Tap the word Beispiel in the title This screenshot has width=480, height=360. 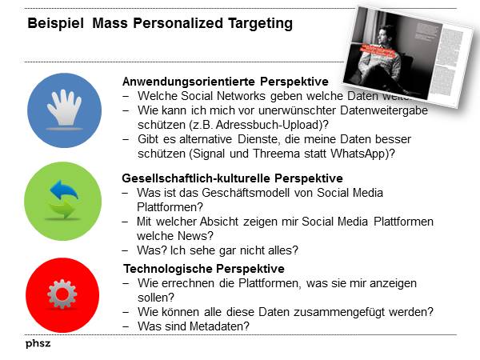click(x=56, y=24)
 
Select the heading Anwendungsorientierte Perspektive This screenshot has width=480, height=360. click(x=225, y=82)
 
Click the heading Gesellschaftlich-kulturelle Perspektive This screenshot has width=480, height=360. click(x=232, y=178)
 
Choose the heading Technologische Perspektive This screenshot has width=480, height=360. click(x=203, y=269)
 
